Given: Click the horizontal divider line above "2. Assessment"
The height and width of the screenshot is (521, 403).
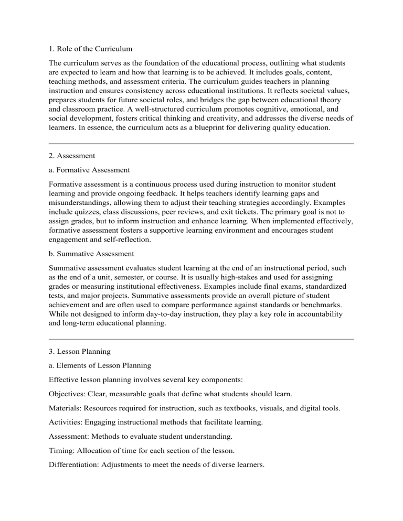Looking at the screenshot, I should [x=201, y=143].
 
